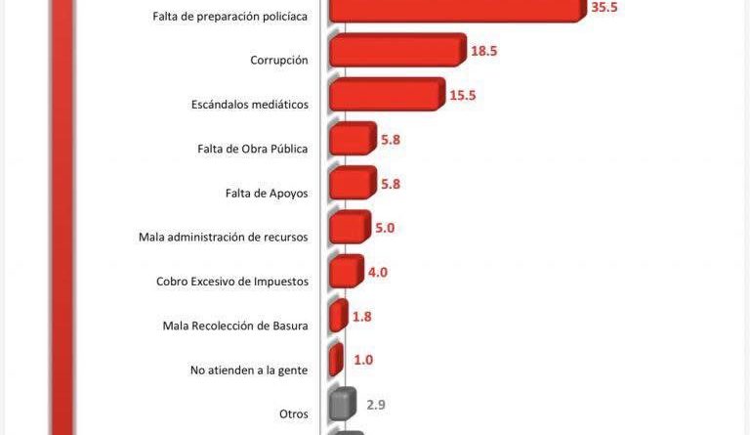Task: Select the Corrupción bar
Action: pyautogui.click(x=396, y=50)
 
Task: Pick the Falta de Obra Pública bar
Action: pyautogui.click(x=352, y=138)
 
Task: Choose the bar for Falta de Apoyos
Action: pyautogui.click(x=352, y=182)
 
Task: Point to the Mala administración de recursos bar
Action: pyautogui.click(x=349, y=227)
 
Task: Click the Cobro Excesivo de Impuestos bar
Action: pyautogui.click(x=346, y=271)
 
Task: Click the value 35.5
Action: pyautogui.click(x=604, y=8)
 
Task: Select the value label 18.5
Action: pyautogui.click(x=483, y=51)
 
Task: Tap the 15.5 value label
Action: pyautogui.click(x=464, y=95)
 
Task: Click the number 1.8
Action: pyautogui.click(x=361, y=317)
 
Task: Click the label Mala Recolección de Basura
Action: pyautogui.click(x=235, y=326)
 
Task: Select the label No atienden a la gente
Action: pyautogui.click(x=249, y=370)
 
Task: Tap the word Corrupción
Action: pyautogui.click(x=279, y=61)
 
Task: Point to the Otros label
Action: pyautogui.click(x=294, y=413)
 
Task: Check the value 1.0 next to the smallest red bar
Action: pyautogui.click(x=363, y=361)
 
